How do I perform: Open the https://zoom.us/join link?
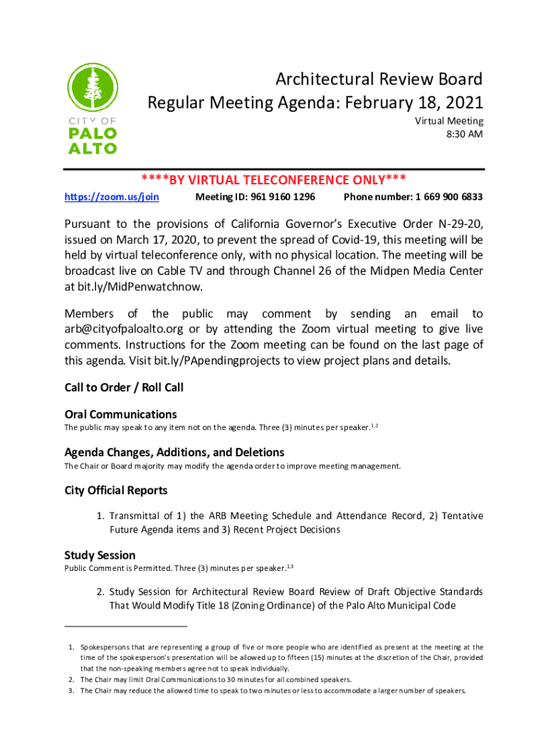pyautogui.click(x=111, y=196)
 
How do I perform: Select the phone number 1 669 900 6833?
pyautogui.click(x=448, y=196)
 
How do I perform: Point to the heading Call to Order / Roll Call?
pyautogui.click(x=124, y=387)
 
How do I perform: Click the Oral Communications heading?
pyautogui.click(x=120, y=414)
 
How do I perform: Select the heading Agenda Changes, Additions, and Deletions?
pyautogui.click(x=174, y=452)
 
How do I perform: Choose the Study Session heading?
pyautogui.click(x=100, y=555)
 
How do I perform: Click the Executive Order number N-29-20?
pyautogui.click(x=463, y=224)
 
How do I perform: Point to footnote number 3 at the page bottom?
pyautogui.click(x=71, y=691)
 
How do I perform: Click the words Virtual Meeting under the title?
pyautogui.click(x=449, y=121)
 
